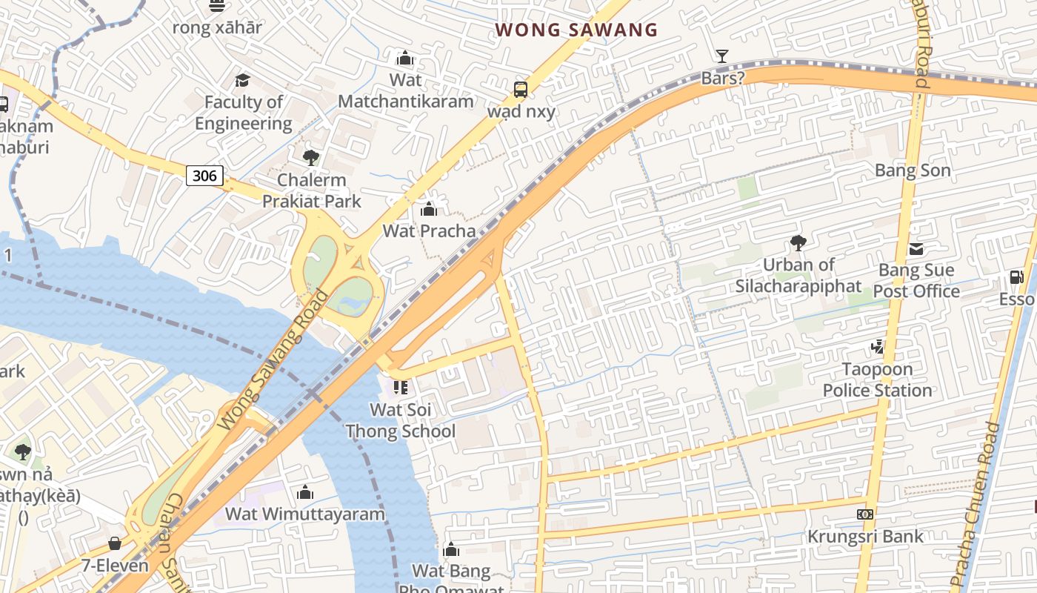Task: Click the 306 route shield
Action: click(204, 176)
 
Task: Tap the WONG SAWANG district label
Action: click(576, 30)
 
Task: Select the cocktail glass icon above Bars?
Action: click(721, 56)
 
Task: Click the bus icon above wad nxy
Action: click(521, 90)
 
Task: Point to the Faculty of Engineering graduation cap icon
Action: click(242, 80)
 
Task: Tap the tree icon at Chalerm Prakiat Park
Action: click(311, 157)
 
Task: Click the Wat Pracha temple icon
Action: click(428, 209)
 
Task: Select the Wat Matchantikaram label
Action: click(405, 90)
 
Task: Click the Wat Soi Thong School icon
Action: click(400, 387)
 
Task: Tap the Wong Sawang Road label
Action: click(275, 360)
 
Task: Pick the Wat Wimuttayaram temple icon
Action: click(305, 492)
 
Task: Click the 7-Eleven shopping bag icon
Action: click(115, 543)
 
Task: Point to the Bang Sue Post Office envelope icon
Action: click(916, 249)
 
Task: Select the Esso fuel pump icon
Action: click(1016, 278)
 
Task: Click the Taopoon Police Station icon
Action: click(878, 346)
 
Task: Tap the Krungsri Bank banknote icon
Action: click(865, 514)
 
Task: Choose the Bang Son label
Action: click(913, 170)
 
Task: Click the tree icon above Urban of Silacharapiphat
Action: click(798, 242)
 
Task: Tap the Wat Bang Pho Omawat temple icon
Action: click(450, 549)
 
